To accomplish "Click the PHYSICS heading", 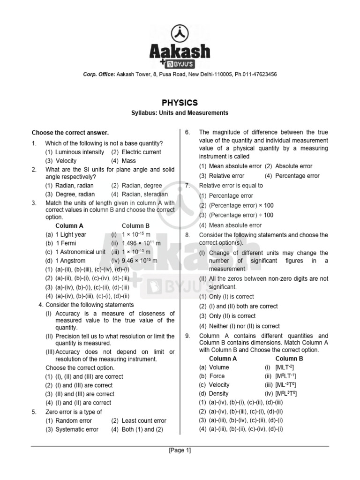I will click(180, 103).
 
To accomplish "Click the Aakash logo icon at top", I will click(180, 34).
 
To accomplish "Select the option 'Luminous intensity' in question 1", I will click(80, 152).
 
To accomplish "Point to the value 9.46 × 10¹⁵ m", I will click(141, 261).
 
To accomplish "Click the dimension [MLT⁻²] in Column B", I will click(285, 367).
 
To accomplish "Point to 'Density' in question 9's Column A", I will click(219, 393).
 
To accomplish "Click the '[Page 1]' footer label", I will click(180, 450).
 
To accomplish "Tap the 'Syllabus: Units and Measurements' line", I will click(180, 113).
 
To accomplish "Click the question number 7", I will click(187, 186).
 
